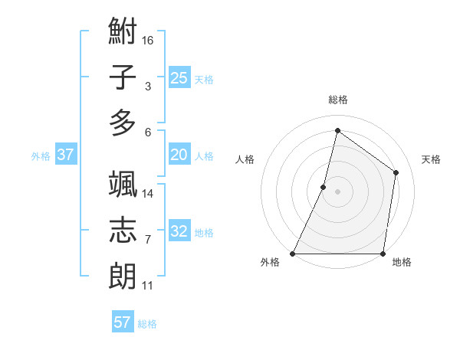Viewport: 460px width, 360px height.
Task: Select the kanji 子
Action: (x=123, y=77)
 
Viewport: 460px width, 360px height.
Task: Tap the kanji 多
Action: (x=123, y=123)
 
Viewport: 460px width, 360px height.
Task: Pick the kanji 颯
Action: (x=123, y=184)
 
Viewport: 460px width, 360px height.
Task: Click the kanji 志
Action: (x=123, y=230)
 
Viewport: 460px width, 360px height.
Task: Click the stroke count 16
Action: (x=148, y=40)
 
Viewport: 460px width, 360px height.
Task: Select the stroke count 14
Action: (x=148, y=193)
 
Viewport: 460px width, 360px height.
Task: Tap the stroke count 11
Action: (x=148, y=286)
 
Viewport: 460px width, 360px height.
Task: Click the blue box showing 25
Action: (x=179, y=77)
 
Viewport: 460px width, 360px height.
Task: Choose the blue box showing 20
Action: (x=179, y=155)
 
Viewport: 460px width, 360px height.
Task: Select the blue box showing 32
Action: (x=179, y=231)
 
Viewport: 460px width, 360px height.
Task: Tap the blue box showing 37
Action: (x=65, y=155)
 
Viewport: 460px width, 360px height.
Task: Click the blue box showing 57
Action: (x=123, y=322)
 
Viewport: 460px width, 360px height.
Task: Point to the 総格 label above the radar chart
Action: (x=338, y=100)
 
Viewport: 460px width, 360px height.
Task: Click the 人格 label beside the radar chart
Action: (x=245, y=159)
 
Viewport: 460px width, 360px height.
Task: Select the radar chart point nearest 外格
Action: (x=293, y=254)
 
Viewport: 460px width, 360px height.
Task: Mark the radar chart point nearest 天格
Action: (x=396, y=172)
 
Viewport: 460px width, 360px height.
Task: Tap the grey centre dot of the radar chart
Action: (x=338, y=191)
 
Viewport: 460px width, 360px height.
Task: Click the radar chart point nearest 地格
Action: (x=383, y=254)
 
